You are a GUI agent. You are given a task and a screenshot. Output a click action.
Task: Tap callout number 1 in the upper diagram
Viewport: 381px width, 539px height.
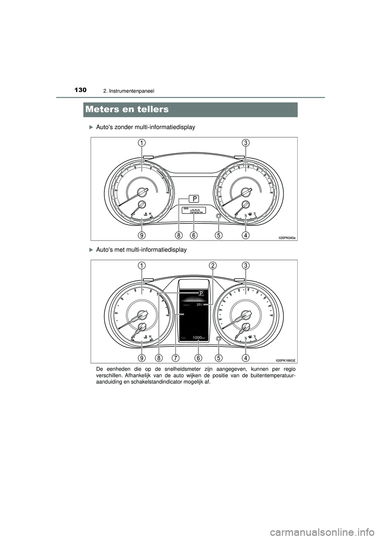(x=142, y=142)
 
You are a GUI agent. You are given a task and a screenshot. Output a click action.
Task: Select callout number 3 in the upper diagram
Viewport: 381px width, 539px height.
(x=246, y=142)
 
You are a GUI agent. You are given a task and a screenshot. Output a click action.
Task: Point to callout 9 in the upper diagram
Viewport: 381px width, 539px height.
(x=142, y=235)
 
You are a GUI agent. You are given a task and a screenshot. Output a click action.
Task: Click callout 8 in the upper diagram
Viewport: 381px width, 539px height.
(x=179, y=235)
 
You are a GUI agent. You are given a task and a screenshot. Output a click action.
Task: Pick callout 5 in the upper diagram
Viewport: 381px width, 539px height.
(x=219, y=235)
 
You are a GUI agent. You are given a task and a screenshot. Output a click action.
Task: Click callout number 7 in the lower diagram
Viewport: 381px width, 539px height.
(x=175, y=358)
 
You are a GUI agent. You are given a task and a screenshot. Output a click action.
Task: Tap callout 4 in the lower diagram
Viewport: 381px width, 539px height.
(x=246, y=358)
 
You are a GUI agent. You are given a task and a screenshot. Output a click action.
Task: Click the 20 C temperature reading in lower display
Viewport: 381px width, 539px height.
(x=199, y=304)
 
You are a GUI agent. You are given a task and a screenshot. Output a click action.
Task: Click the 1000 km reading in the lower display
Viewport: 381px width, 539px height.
(x=199, y=337)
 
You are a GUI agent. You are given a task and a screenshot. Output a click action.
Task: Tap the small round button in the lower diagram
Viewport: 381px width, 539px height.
(x=219, y=338)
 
